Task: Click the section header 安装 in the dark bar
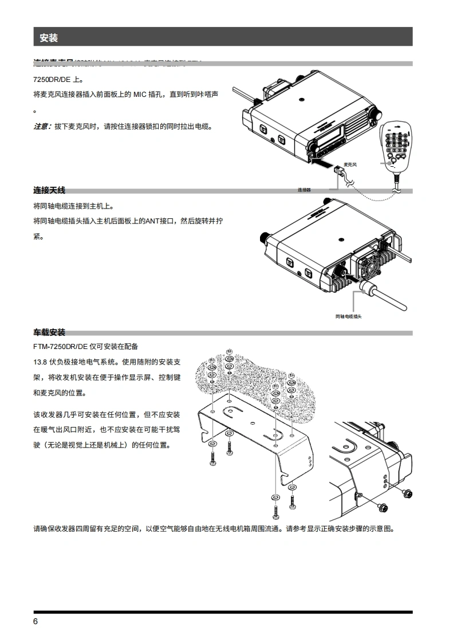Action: click(49, 38)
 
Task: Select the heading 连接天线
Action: click(49, 190)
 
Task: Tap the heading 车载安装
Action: click(49, 332)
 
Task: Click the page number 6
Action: click(36, 622)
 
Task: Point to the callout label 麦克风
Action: click(350, 164)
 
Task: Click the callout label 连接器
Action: click(304, 190)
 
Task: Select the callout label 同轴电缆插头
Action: click(349, 316)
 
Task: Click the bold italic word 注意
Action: click(41, 126)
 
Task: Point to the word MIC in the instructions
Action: click(141, 94)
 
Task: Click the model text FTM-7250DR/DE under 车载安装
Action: click(60, 347)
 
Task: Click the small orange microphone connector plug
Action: click(338, 171)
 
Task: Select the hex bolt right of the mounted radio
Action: click(409, 492)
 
